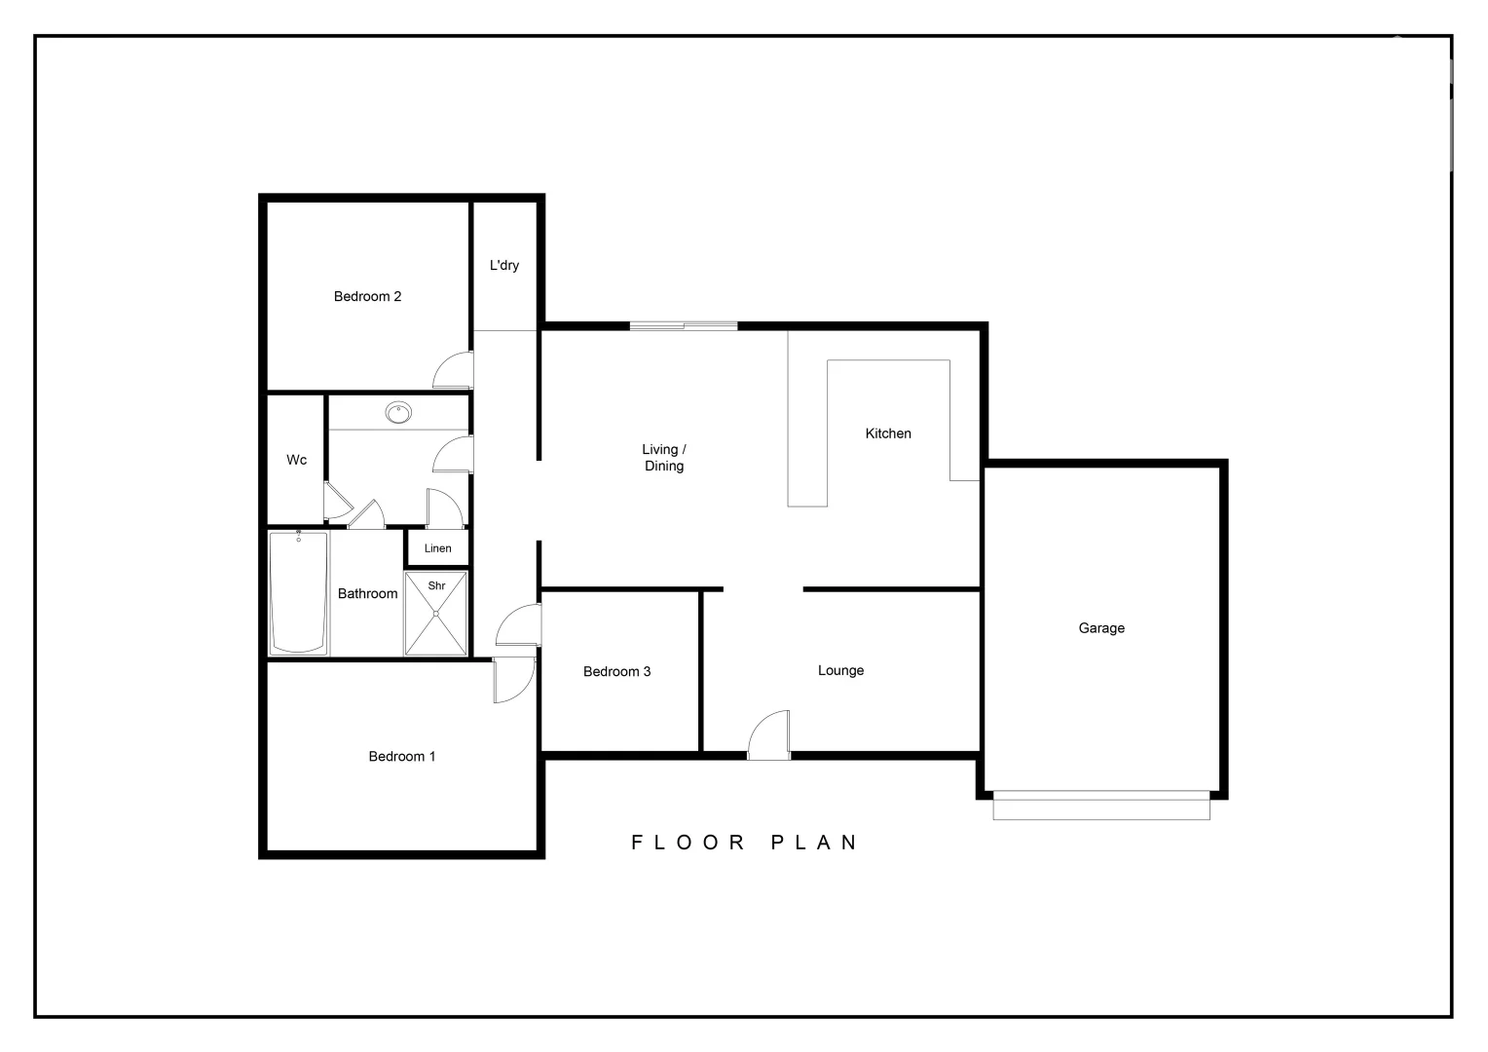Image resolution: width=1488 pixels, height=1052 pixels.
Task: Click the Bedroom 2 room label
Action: [367, 296]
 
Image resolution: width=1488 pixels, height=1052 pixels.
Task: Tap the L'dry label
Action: [504, 265]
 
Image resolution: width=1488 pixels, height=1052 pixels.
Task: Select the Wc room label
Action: [296, 460]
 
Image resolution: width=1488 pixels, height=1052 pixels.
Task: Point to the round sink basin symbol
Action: [397, 413]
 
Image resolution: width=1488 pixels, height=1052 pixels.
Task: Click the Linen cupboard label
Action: [437, 548]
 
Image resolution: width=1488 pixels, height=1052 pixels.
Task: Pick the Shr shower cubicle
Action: [435, 614]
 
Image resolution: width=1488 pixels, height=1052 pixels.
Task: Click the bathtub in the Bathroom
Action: [298, 593]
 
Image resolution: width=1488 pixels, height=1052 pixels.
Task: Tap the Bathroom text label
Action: [367, 593]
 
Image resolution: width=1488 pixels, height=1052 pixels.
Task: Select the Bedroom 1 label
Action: [401, 756]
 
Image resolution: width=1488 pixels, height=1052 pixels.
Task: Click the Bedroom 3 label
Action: [616, 671]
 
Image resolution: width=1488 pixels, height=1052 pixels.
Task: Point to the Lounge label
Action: [840, 670]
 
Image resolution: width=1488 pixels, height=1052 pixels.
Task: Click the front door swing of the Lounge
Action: [768, 734]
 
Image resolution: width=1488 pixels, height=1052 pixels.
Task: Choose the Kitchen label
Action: [888, 433]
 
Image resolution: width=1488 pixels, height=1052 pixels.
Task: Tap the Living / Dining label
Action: [664, 458]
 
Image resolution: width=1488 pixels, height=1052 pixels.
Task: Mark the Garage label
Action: [1101, 628]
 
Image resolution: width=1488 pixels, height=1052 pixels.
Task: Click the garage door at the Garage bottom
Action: [1101, 808]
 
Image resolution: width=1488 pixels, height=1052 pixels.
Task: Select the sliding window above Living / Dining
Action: [683, 325]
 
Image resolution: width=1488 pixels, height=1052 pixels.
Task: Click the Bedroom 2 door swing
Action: [453, 371]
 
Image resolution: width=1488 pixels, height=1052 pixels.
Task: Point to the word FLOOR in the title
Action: [688, 843]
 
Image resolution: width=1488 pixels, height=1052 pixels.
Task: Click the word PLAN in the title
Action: [814, 843]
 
